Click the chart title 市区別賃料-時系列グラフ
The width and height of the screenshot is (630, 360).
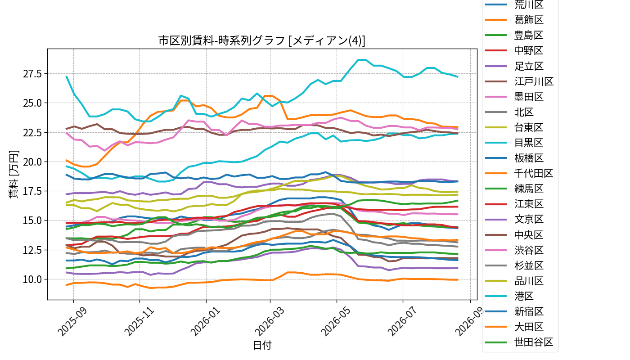[222, 40]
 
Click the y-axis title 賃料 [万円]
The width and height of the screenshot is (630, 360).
[13, 175]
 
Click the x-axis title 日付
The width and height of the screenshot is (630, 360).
[262, 345]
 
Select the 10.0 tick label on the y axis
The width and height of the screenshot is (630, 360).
[32, 279]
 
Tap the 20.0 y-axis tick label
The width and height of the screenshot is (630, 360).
[32, 162]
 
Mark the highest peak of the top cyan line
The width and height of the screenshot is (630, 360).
[362, 59]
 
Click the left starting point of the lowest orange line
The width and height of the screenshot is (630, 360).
[67, 285]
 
